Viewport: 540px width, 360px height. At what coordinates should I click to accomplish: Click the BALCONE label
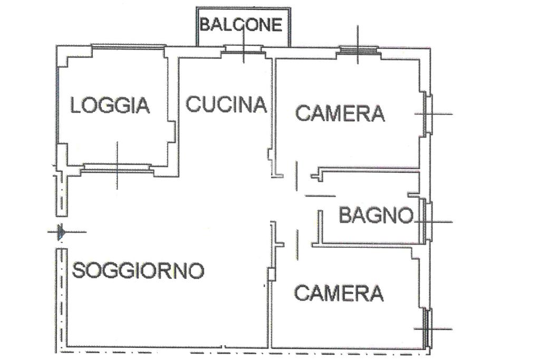[241, 25]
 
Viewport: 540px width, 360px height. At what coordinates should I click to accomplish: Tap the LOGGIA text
[110, 105]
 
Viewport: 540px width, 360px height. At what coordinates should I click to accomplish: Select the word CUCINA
[226, 104]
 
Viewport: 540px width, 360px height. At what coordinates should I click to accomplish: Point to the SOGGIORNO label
[138, 270]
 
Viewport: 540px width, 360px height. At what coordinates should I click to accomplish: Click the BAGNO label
[376, 215]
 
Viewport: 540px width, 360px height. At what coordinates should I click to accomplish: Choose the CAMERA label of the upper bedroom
[340, 113]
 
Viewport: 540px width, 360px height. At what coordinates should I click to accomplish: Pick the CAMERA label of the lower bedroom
[339, 293]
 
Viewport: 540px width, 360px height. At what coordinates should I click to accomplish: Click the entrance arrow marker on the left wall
[61, 232]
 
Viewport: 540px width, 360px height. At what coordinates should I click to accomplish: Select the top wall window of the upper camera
[358, 50]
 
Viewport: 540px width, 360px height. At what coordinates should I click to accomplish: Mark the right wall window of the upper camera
[429, 113]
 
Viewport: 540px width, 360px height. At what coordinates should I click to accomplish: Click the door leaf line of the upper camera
[296, 176]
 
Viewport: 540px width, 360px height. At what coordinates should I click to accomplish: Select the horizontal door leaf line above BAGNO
[320, 196]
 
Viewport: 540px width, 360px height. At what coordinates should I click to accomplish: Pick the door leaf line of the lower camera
[297, 245]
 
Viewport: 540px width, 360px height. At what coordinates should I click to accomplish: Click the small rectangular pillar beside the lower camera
[272, 275]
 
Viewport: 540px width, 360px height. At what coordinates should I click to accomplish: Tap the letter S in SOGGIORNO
[78, 270]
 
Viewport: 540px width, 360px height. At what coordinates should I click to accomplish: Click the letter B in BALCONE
[205, 25]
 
